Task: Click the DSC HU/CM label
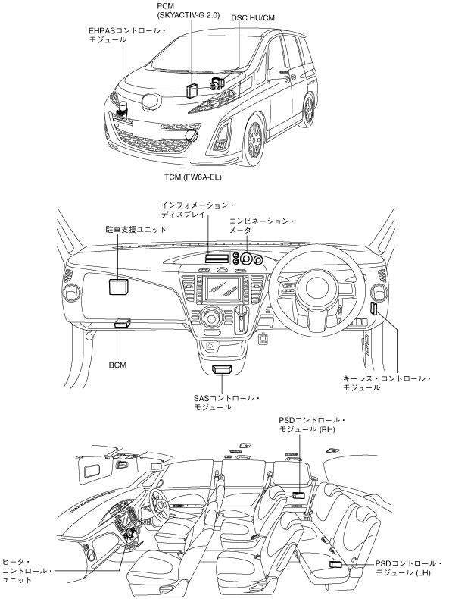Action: click(x=253, y=17)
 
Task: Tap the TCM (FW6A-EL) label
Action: click(x=192, y=177)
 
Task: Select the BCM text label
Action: click(x=117, y=365)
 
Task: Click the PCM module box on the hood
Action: click(x=192, y=90)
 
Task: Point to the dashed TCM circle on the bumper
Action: click(x=192, y=136)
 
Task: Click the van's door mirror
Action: click(x=279, y=72)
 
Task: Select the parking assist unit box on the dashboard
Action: click(x=118, y=286)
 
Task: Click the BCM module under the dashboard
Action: click(x=123, y=323)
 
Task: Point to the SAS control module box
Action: click(x=223, y=368)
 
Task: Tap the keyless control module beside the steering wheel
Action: click(x=374, y=309)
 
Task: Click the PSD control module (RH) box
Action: click(x=298, y=496)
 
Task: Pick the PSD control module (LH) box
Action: click(x=335, y=564)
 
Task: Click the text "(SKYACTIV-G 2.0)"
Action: click(x=188, y=16)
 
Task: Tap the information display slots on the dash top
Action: click(x=217, y=259)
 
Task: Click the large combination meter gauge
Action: click(x=246, y=259)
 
